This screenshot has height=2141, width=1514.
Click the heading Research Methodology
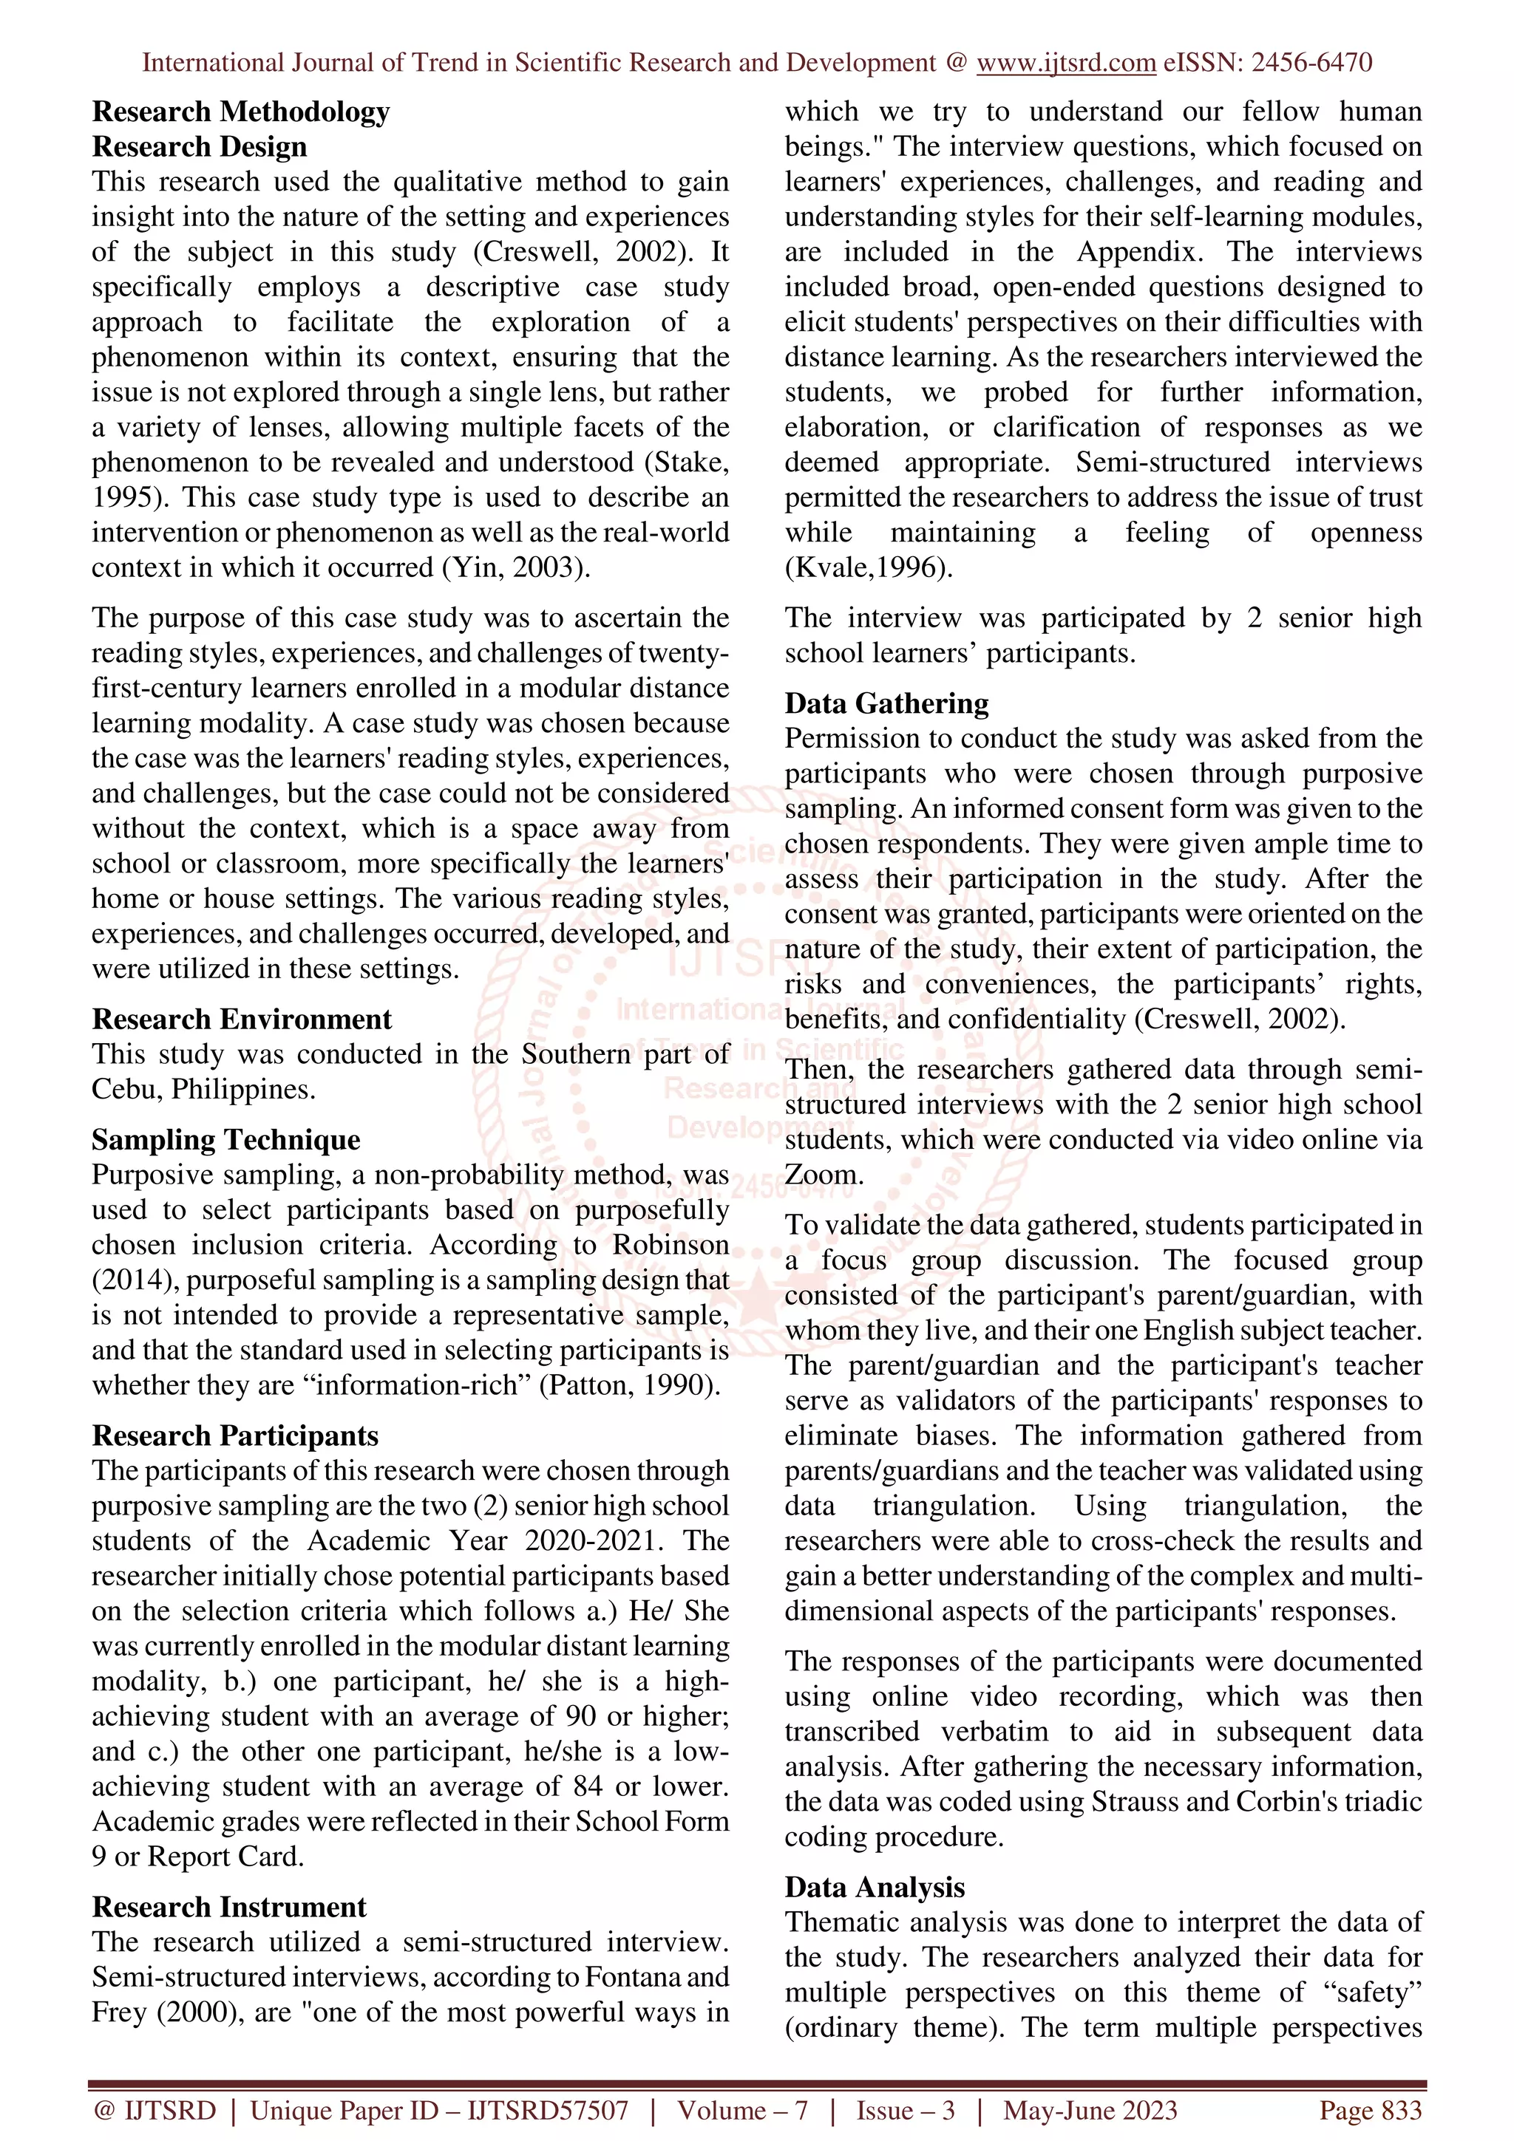point(241,112)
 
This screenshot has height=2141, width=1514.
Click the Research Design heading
point(199,147)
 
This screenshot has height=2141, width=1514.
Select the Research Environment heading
point(242,1020)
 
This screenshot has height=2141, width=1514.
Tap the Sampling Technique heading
point(225,1139)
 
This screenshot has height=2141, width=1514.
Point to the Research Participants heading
point(235,1435)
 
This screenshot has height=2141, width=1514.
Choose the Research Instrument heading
point(228,1907)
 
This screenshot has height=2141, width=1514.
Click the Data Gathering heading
point(886,703)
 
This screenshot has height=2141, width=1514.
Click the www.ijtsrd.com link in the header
point(1065,64)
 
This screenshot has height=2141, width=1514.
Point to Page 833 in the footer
point(1369,2110)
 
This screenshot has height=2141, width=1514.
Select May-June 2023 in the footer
point(1090,2110)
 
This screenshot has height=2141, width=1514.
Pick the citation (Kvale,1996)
point(868,568)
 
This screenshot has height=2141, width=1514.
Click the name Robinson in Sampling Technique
point(670,1245)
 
